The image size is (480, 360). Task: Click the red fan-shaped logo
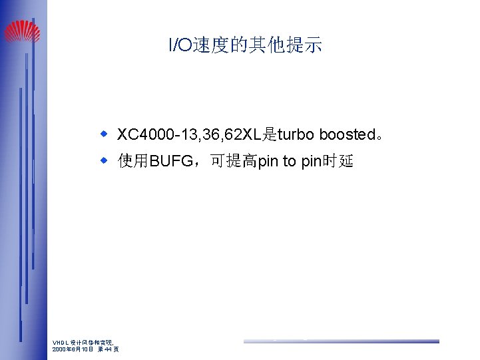pos(22,31)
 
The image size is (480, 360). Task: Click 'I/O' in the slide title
pos(180,45)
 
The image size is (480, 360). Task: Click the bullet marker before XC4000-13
pos(104,134)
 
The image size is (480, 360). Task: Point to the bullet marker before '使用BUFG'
pos(104,161)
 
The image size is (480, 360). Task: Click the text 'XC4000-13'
pos(150,135)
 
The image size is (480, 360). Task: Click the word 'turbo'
pos(296,135)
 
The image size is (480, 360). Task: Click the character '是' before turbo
pos(269,135)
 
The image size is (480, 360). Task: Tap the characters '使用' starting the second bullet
pos(133,162)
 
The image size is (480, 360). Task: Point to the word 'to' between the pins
pos(290,162)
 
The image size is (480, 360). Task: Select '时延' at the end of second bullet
pos(338,162)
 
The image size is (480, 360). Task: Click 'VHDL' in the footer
pos(60,343)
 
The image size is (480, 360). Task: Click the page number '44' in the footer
pos(109,349)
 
